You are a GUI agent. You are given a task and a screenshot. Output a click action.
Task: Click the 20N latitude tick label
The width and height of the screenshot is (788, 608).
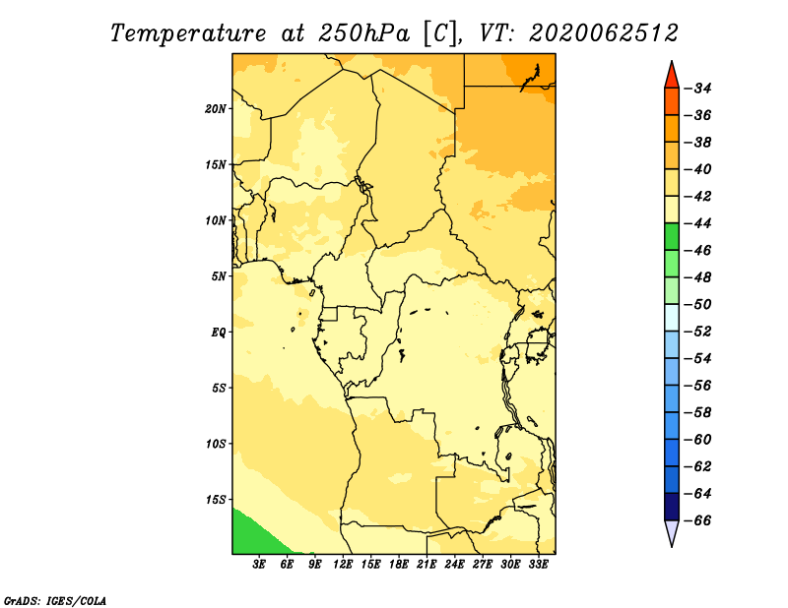tap(216, 109)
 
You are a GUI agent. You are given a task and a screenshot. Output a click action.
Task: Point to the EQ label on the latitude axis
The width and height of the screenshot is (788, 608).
tap(219, 333)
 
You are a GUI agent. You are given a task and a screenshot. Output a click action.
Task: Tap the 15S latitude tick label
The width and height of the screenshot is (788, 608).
tap(216, 500)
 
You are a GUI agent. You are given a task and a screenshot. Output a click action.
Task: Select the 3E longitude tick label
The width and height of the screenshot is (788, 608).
tap(259, 565)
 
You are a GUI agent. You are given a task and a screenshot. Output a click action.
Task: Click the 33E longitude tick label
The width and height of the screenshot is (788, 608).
tap(538, 565)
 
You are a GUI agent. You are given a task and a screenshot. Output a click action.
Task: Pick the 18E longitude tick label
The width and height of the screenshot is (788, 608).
tap(399, 565)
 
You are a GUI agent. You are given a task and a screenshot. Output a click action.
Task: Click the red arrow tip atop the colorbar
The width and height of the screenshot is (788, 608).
tap(672, 62)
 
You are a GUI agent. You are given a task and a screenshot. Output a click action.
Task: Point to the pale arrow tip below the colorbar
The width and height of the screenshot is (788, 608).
tap(672, 545)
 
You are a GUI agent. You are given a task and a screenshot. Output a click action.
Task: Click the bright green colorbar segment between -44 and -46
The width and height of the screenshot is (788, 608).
tap(672, 237)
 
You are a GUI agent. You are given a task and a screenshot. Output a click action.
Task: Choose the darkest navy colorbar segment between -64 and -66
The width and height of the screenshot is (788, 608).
tap(672, 507)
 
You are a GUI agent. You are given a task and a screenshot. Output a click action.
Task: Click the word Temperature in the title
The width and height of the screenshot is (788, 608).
tap(187, 34)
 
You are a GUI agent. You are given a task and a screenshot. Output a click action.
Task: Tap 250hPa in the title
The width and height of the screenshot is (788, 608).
tap(363, 33)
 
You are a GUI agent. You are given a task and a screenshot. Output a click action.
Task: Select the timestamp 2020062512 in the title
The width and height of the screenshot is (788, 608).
tap(604, 33)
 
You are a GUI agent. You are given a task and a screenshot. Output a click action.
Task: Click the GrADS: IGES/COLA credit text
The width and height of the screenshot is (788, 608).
tap(55, 600)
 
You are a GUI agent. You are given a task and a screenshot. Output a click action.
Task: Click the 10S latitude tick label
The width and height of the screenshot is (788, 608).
tap(216, 444)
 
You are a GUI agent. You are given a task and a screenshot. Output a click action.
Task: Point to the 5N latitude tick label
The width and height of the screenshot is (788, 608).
tap(219, 276)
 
